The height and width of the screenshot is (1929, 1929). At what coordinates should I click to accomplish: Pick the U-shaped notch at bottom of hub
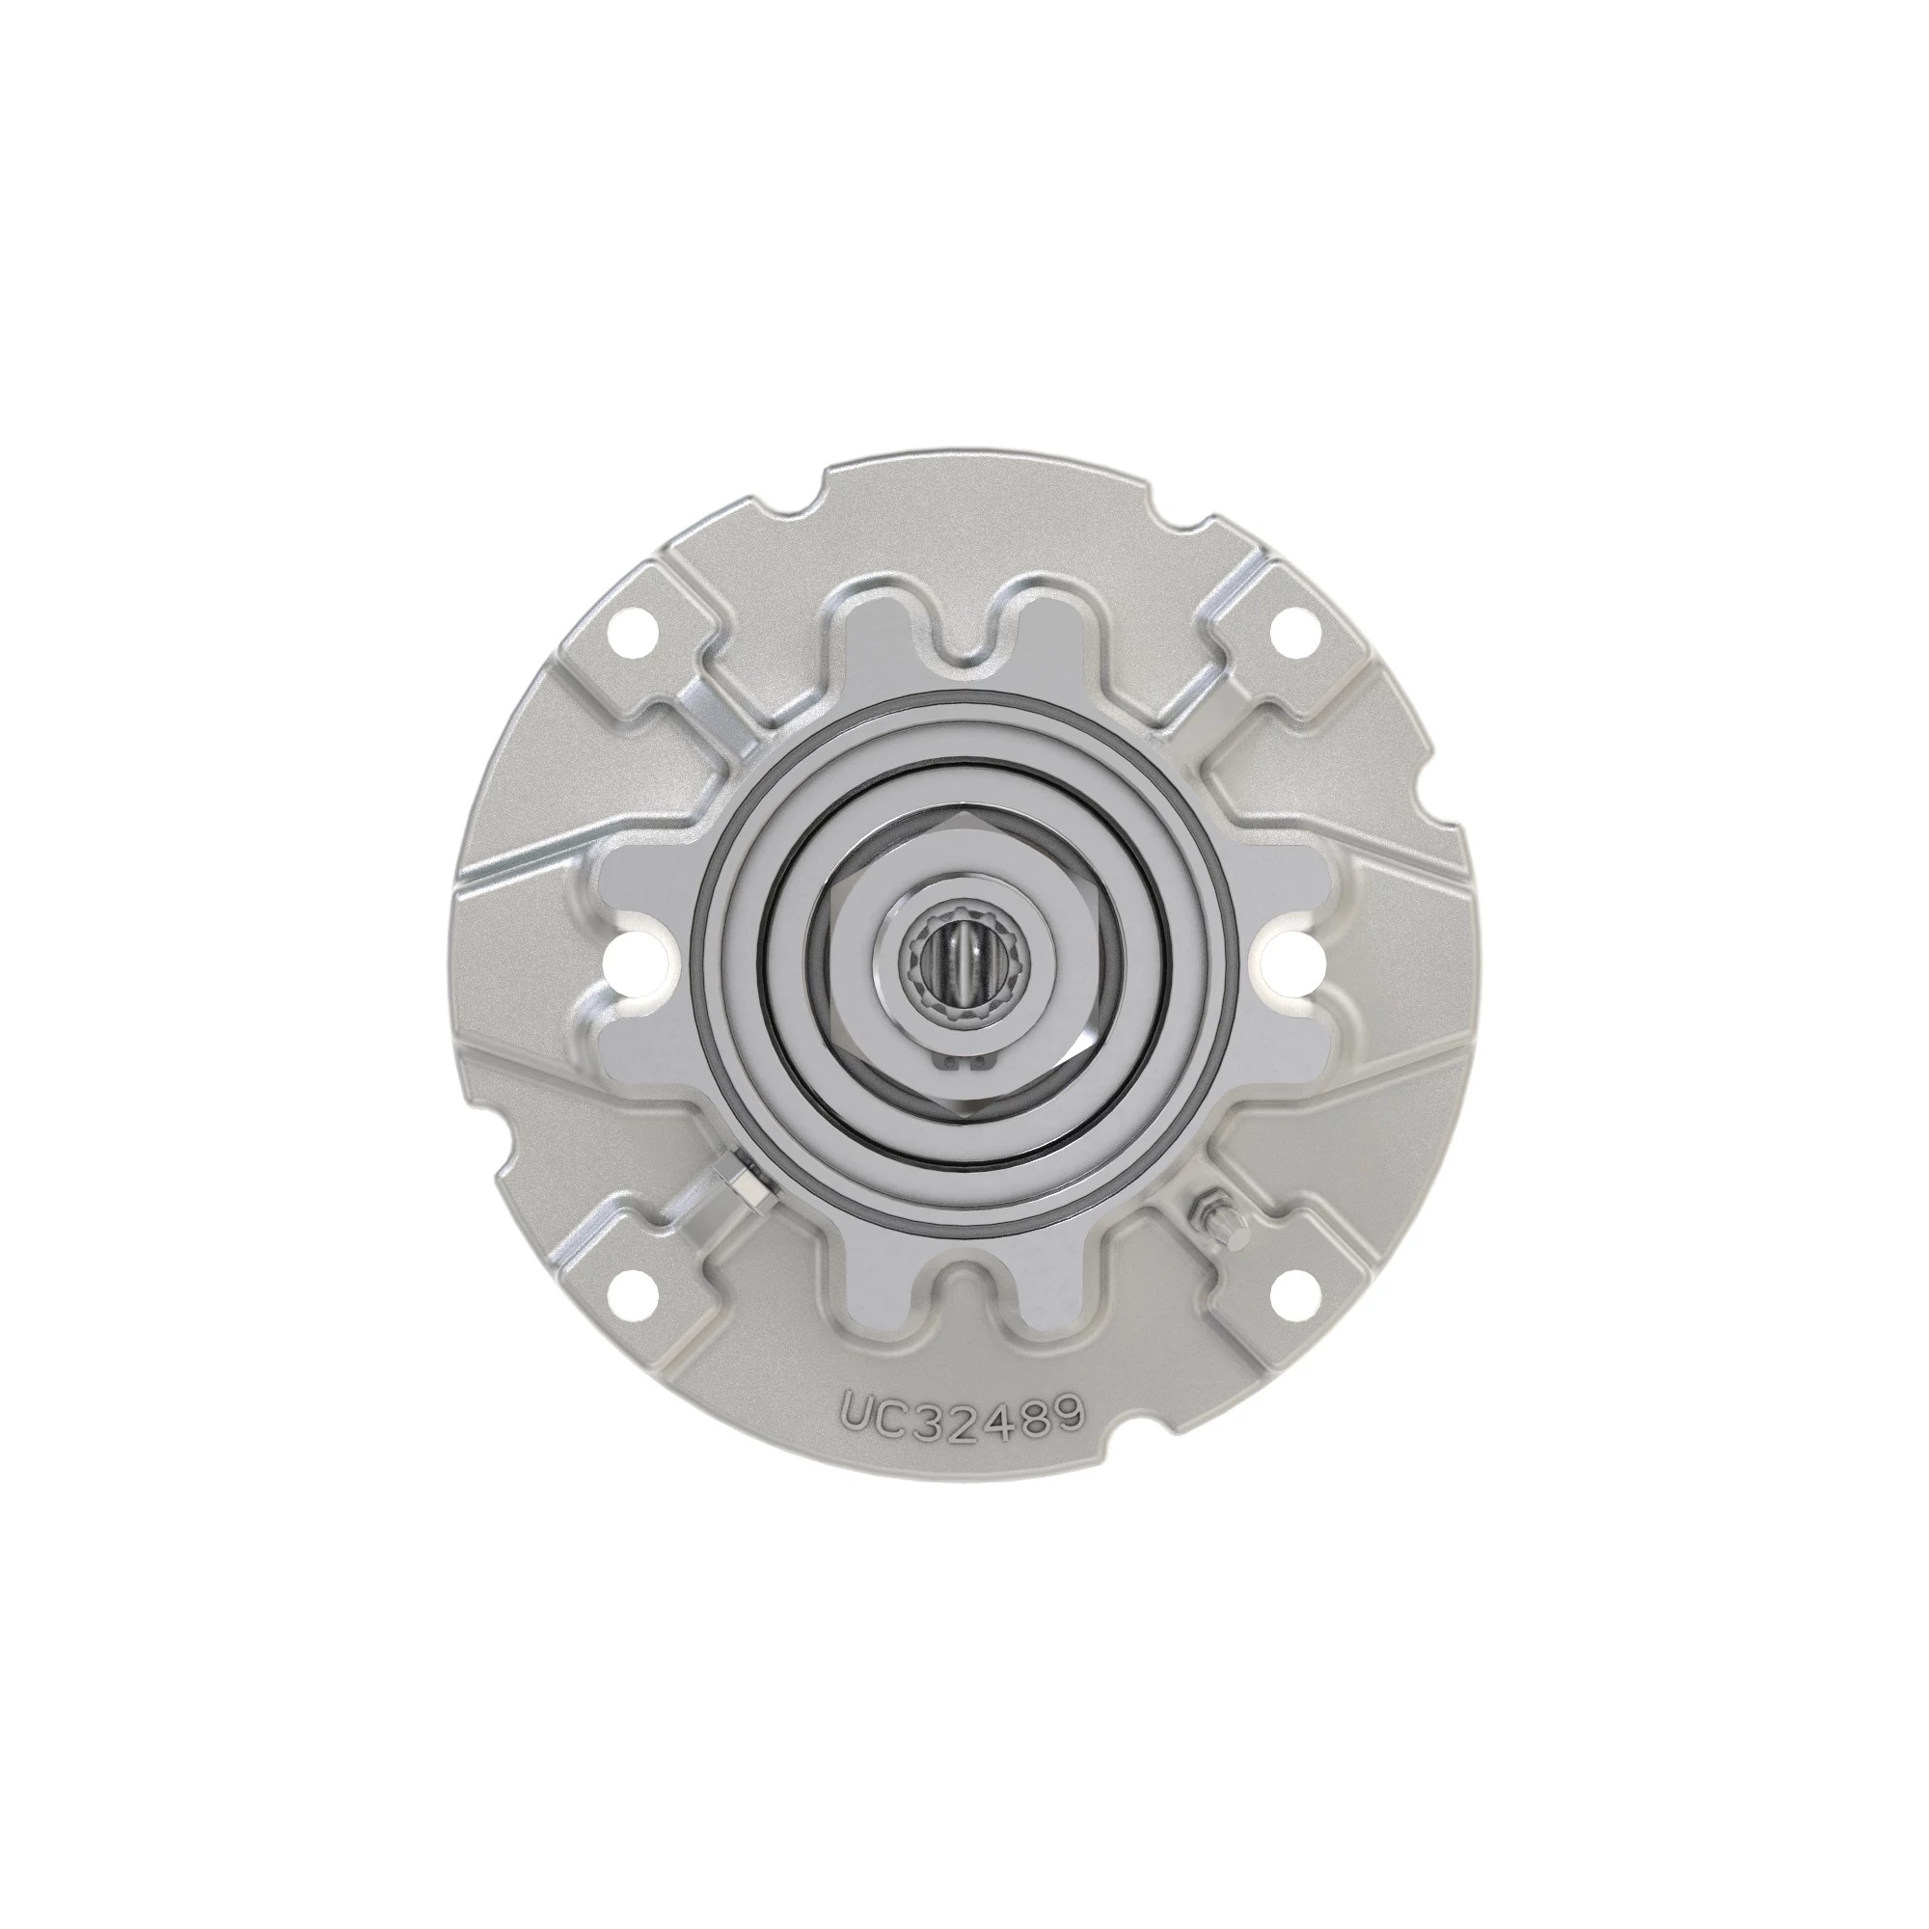[964, 1295]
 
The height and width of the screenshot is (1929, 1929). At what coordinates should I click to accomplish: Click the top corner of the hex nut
[964, 814]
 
